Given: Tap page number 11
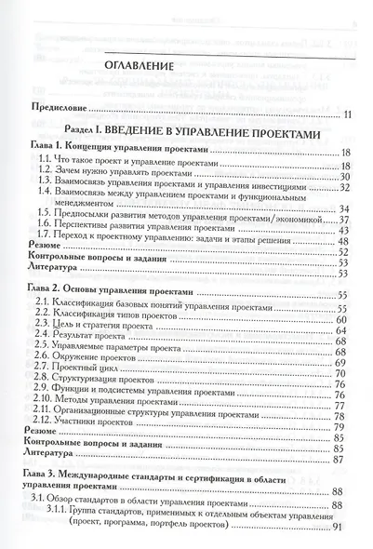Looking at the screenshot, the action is [347, 114].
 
